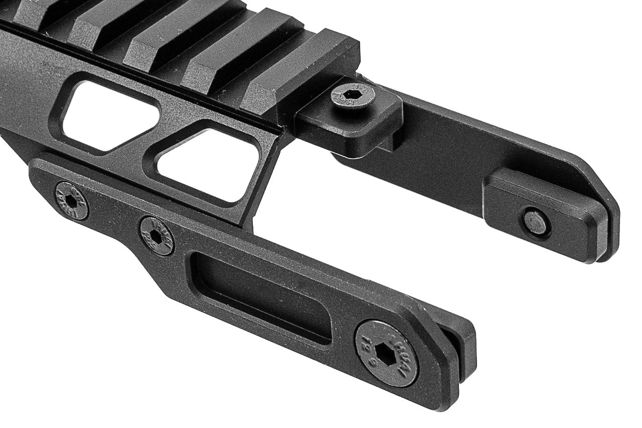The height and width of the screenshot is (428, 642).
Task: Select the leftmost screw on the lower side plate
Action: click(72, 201)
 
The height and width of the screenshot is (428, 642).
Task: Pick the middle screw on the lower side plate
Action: click(156, 236)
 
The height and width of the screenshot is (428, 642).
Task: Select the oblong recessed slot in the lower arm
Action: click(261, 296)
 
